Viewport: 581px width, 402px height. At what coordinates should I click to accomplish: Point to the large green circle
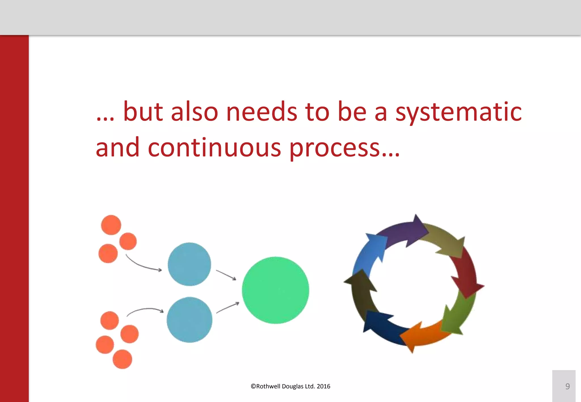coord(275,290)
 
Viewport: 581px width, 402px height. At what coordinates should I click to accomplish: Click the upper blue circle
coord(189,264)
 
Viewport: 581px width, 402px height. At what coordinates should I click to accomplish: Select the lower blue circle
coord(189,320)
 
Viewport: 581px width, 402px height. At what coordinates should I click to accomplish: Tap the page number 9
coord(567,386)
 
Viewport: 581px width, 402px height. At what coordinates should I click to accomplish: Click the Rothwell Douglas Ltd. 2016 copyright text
coord(290,386)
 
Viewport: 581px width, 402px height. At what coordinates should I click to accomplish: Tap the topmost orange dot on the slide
coord(111,225)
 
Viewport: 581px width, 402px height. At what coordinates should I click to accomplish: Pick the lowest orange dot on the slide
coord(122,359)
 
